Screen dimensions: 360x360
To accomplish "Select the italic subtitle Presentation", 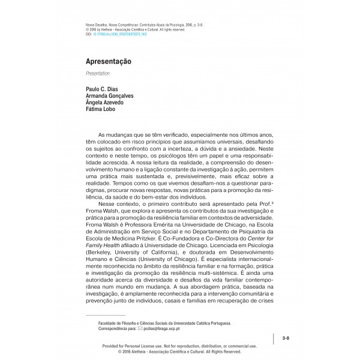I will point(97,74).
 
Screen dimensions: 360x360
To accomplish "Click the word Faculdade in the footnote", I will point(110,323).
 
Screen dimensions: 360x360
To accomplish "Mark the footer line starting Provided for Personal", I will point(179,346).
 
